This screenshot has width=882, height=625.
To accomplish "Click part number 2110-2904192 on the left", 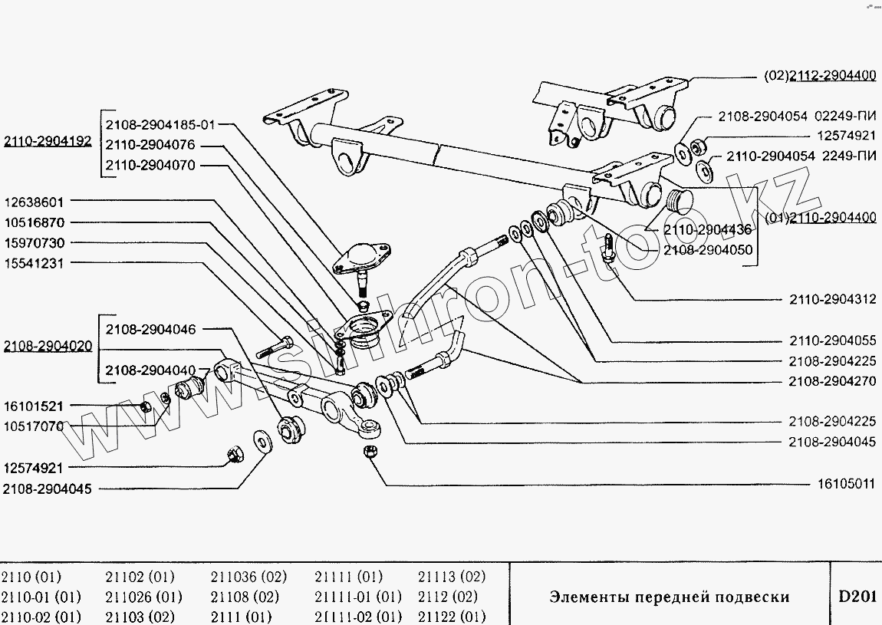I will click(48, 141).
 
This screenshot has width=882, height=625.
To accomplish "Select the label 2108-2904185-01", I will click(160, 124).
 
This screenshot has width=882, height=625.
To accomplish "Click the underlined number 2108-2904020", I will click(48, 346).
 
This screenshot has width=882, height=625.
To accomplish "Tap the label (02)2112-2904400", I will click(820, 76).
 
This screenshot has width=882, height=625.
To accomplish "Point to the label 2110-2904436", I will click(707, 229).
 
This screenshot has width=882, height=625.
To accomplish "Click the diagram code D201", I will click(856, 597).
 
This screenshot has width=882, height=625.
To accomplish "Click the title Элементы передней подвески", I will click(669, 597).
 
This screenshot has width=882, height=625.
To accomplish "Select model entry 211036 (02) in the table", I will click(248, 577).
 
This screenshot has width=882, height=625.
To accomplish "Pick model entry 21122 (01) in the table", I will click(453, 616).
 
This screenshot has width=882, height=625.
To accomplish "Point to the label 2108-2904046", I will click(150, 330).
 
